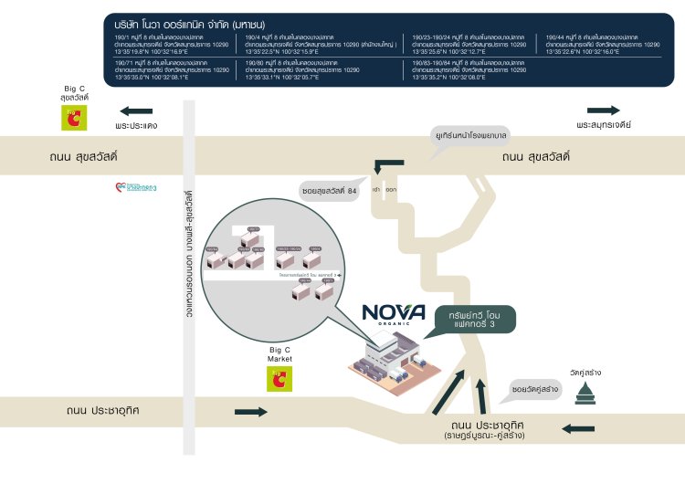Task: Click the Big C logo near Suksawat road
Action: (x=70, y=118)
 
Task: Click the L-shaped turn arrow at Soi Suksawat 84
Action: (x=387, y=165)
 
